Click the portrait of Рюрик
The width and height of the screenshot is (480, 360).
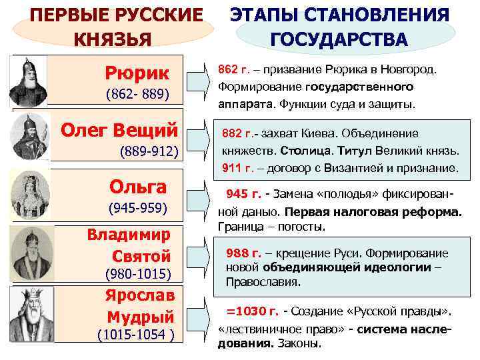[29, 79]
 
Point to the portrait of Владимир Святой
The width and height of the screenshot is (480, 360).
[29, 254]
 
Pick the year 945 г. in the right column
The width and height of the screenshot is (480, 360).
[244, 194]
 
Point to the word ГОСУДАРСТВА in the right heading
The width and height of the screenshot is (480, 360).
[338, 38]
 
